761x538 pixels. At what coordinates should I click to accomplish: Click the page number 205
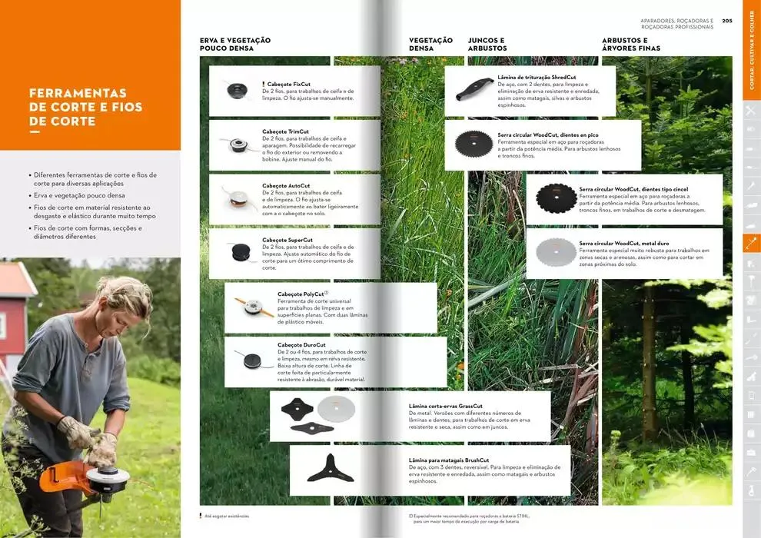[x=727, y=21]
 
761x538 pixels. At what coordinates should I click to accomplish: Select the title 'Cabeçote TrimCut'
[x=285, y=131]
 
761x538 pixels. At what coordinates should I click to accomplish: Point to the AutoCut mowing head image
[x=235, y=198]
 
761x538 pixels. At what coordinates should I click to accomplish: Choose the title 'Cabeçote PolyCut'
[x=301, y=294]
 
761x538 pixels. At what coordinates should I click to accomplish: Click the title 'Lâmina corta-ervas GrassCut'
[x=446, y=406]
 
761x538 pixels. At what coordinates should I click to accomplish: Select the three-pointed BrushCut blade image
[x=329, y=468]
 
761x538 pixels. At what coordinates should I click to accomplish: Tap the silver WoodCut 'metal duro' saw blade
[x=555, y=251]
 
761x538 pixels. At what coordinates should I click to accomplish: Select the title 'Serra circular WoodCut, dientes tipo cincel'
[x=633, y=189]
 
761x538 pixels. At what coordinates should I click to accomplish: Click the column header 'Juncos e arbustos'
[x=487, y=45]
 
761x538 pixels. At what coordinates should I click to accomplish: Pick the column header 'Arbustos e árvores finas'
[x=630, y=45]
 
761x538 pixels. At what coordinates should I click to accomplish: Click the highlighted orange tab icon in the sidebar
[x=751, y=243]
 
